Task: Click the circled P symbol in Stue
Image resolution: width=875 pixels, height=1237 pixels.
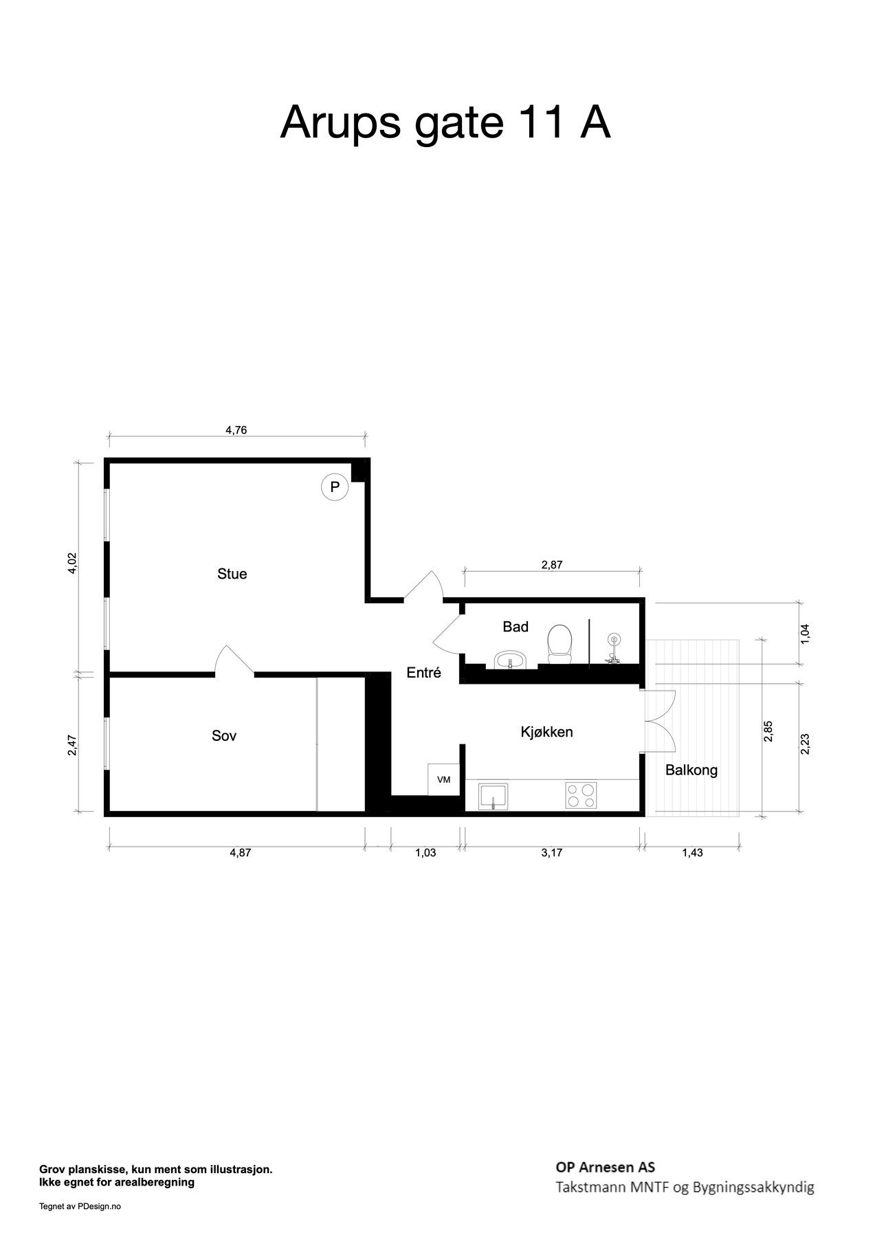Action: pyautogui.click(x=335, y=488)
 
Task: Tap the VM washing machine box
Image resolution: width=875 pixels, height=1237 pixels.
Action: pyautogui.click(x=443, y=779)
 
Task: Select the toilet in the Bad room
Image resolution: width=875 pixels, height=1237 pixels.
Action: pyautogui.click(x=559, y=644)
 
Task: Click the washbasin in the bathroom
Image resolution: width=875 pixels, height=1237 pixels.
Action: pyautogui.click(x=509, y=660)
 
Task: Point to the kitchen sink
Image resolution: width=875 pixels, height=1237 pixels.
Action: pyautogui.click(x=494, y=796)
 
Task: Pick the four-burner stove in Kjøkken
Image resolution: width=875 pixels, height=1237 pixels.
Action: pyautogui.click(x=581, y=796)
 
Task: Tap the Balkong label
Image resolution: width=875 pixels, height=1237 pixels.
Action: pyautogui.click(x=691, y=770)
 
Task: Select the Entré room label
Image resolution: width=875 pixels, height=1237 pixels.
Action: pyautogui.click(x=423, y=673)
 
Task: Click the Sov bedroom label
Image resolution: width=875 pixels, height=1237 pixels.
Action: pyautogui.click(x=224, y=736)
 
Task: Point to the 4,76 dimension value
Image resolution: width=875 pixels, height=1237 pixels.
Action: pyautogui.click(x=236, y=431)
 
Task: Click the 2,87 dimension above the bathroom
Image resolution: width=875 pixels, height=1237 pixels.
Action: pyautogui.click(x=552, y=566)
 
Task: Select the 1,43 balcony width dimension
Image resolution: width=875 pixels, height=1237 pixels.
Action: pyautogui.click(x=691, y=853)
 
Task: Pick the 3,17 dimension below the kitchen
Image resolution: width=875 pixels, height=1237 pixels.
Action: pyautogui.click(x=552, y=853)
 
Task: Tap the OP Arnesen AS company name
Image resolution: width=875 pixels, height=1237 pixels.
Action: pyautogui.click(x=605, y=1167)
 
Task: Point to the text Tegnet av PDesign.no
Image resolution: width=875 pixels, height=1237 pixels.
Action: pyautogui.click(x=80, y=1205)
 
